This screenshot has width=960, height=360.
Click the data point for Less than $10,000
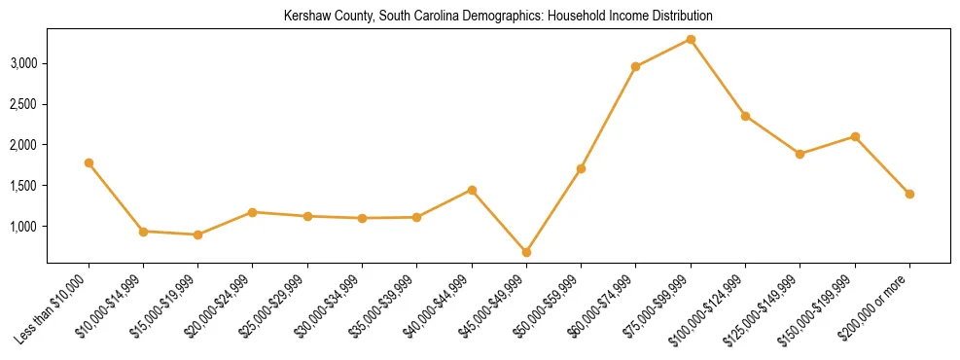tap(89, 162)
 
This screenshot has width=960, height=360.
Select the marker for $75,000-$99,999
tap(691, 39)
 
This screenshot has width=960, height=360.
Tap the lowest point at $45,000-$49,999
tap(526, 252)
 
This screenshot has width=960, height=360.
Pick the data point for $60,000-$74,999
tap(635, 66)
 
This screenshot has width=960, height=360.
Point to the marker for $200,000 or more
tap(909, 194)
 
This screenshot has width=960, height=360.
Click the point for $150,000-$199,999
tap(855, 136)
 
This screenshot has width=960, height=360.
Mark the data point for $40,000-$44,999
tap(472, 190)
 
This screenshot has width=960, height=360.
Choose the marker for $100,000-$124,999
tap(745, 116)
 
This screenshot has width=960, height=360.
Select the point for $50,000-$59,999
tap(581, 168)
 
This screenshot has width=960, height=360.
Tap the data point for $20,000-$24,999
tap(253, 212)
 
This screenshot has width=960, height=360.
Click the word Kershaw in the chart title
tap(307, 17)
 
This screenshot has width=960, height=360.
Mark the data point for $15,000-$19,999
tap(198, 234)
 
